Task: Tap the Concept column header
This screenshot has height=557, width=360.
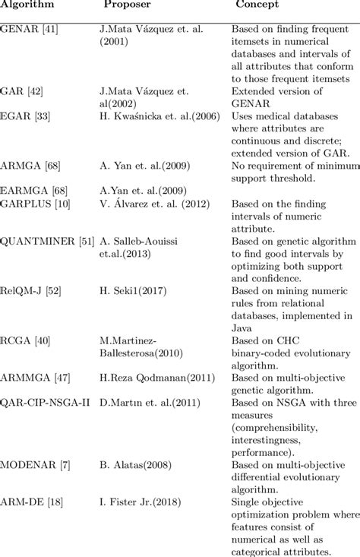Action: point(257,5)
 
